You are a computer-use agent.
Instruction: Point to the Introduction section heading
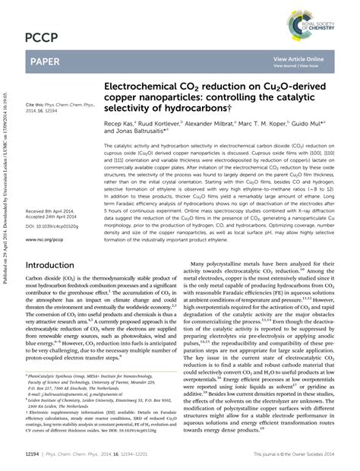pos(55,266)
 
